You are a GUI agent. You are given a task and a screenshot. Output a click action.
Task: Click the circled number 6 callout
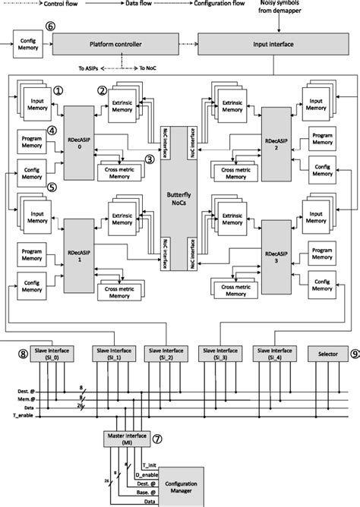click(50, 27)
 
